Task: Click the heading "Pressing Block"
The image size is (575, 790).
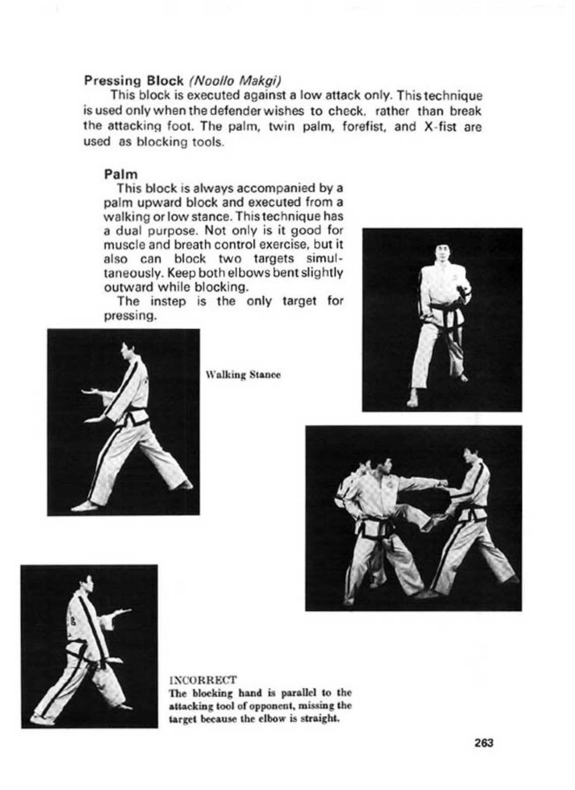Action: [133, 80]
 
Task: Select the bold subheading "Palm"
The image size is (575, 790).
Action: [121, 174]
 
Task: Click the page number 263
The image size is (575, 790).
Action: [484, 743]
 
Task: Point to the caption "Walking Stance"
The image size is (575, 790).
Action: [243, 375]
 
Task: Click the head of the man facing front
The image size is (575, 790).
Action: [442, 254]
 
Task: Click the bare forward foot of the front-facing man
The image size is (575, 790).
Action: [413, 400]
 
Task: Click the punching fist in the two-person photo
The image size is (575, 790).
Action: [443, 482]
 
